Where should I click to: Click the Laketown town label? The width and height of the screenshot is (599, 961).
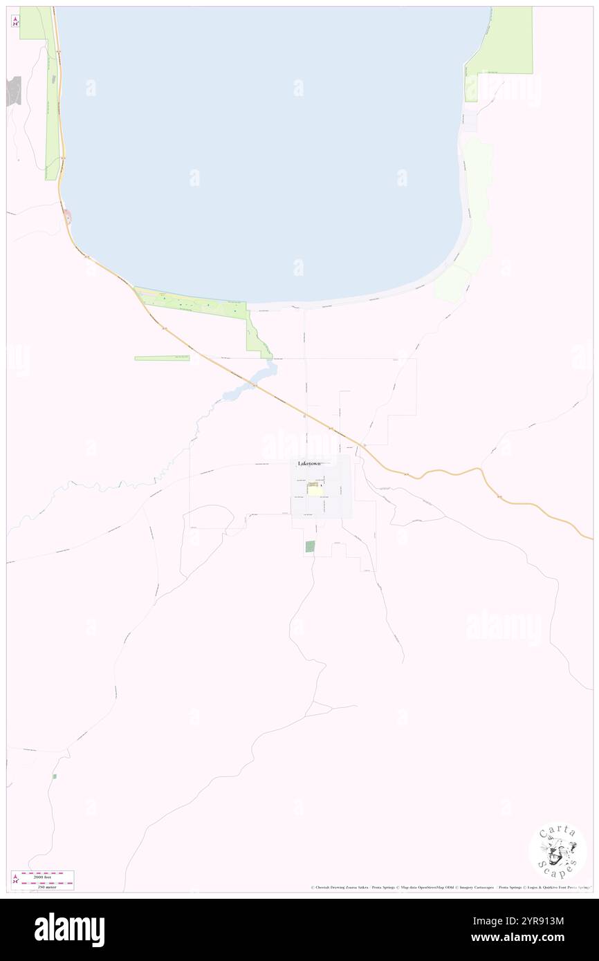pyautogui.click(x=309, y=463)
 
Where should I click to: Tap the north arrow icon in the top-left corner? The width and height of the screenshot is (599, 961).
pyautogui.click(x=15, y=21)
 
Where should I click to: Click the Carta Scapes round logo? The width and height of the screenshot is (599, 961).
pyautogui.click(x=557, y=851)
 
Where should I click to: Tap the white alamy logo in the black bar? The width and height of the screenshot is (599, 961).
pyautogui.click(x=69, y=930)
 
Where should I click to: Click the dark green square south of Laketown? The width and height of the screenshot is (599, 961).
pyautogui.click(x=310, y=546)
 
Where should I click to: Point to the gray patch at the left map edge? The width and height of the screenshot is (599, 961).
pyautogui.click(x=14, y=91)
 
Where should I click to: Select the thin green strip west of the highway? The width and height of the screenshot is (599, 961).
pyautogui.click(x=162, y=358)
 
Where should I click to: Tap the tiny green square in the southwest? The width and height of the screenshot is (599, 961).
pyautogui.click(x=55, y=776)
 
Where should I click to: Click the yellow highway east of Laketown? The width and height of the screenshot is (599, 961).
pyautogui.click(x=450, y=471)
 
